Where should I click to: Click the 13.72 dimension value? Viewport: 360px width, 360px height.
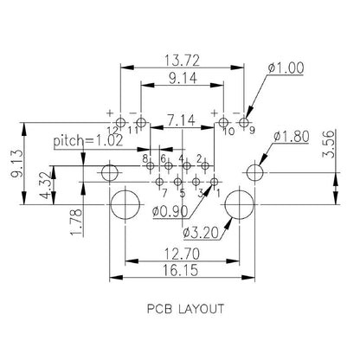[x=178, y=60]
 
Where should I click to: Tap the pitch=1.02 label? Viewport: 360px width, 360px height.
[x=87, y=139]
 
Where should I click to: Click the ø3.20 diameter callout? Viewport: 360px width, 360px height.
[x=202, y=231]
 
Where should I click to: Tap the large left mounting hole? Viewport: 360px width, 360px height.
[x=125, y=205]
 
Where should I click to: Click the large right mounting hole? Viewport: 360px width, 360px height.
[x=237, y=205]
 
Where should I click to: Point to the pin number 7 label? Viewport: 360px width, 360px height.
[x=163, y=192]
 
